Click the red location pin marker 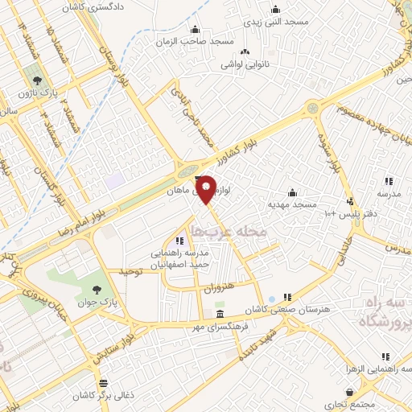click(207, 189)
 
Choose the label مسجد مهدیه click(295, 204)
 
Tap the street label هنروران click(216, 286)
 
